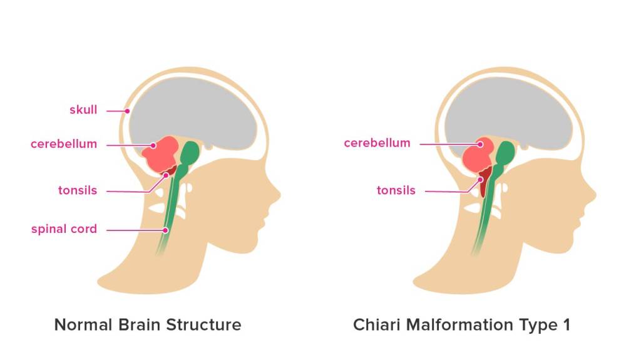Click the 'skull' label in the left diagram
[x=83, y=110]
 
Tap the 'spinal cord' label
[x=64, y=229]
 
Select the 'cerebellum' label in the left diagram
[x=64, y=144]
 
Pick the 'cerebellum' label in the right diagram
[x=377, y=143]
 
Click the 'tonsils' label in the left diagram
[x=78, y=190]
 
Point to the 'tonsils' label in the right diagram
[x=396, y=190]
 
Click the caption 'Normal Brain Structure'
[x=148, y=325]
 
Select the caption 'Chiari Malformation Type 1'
[x=462, y=325]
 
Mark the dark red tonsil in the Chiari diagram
[x=483, y=184]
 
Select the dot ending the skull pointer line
[x=127, y=111]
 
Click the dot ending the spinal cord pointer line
[x=165, y=230]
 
